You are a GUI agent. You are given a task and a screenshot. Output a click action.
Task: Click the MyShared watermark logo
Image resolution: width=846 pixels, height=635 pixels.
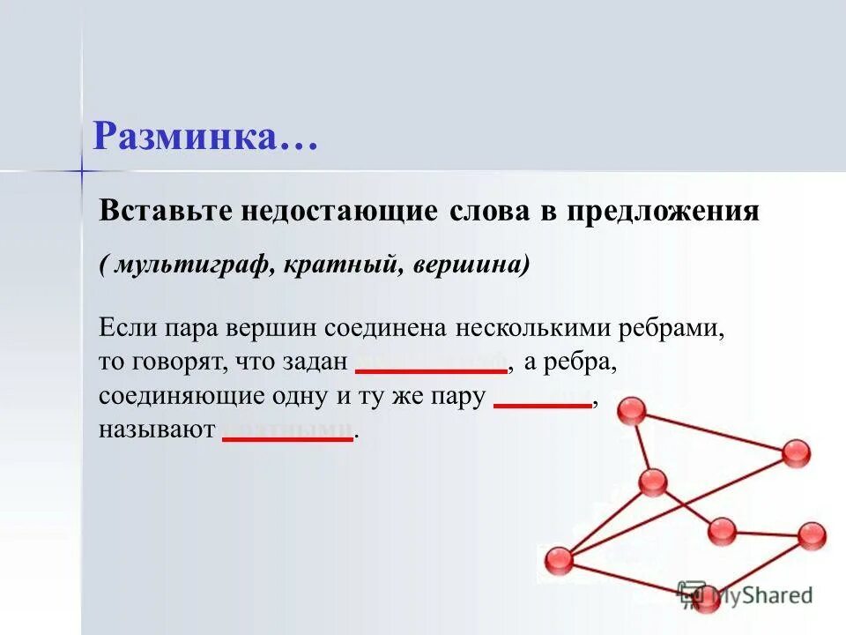pos(746,595)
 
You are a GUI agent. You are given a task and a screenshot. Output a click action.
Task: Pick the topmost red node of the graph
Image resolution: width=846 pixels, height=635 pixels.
pos(631,411)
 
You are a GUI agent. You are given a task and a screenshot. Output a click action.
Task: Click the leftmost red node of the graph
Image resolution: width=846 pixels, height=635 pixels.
pos(559,561)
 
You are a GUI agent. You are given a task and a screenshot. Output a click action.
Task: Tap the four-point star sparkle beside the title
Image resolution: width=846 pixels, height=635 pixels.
pos(81,168)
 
